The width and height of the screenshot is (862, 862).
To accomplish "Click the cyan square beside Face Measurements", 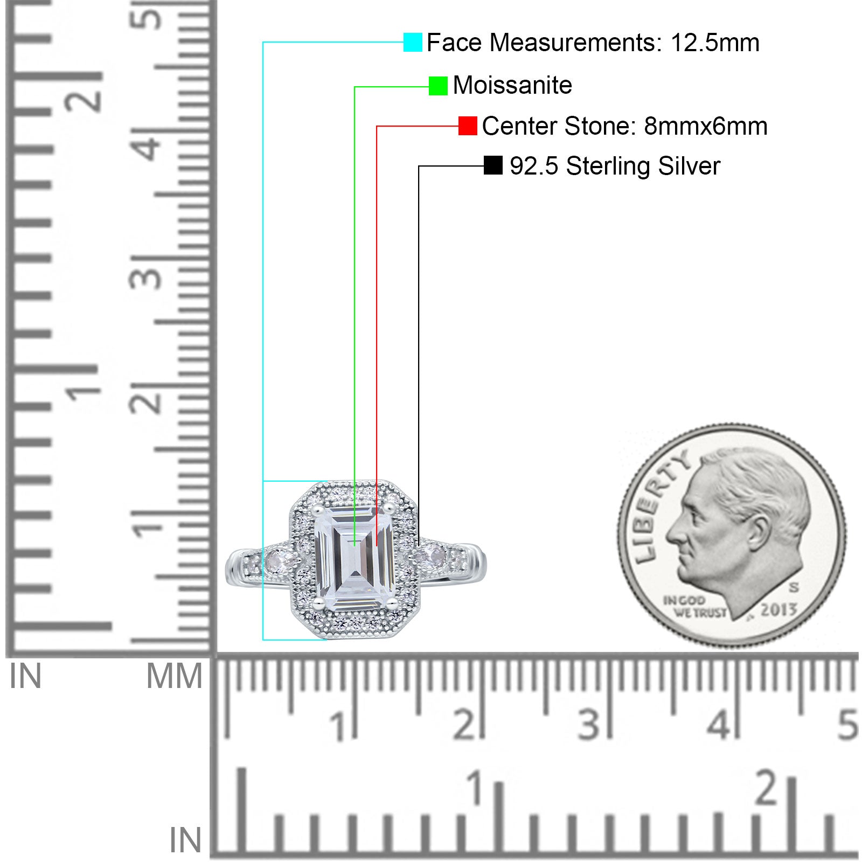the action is pyautogui.click(x=413, y=42).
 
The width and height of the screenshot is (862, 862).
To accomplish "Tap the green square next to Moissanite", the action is pyautogui.click(x=438, y=86).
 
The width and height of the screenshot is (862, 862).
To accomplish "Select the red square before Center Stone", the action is pyautogui.click(x=468, y=126).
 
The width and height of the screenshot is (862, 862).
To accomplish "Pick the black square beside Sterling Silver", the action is pyautogui.click(x=493, y=165).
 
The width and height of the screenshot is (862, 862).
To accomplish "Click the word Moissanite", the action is pyautogui.click(x=512, y=85).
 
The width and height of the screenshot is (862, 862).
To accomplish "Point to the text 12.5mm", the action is pyautogui.click(x=715, y=43).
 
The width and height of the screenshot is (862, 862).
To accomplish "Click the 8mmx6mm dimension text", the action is pyautogui.click(x=706, y=126).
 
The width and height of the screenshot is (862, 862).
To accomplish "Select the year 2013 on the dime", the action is pyautogui.click(x=778, y=610).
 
